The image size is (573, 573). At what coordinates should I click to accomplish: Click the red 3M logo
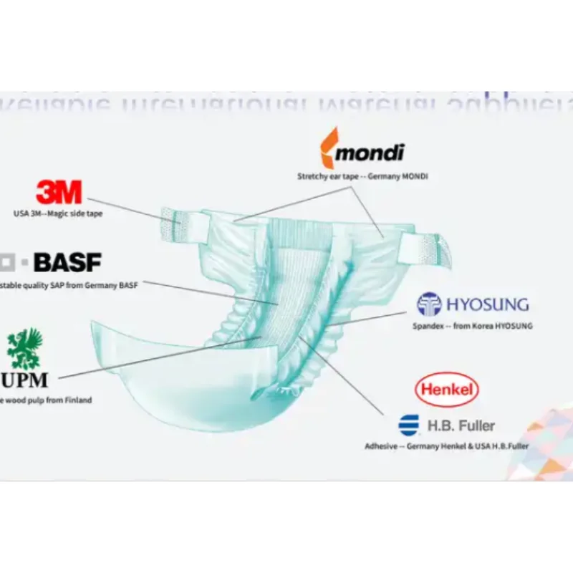[59, 192]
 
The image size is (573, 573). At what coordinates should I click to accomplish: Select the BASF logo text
[68, 262]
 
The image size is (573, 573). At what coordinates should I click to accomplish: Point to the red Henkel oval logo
[447, 390]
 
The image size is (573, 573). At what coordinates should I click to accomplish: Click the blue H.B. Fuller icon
[409, 425]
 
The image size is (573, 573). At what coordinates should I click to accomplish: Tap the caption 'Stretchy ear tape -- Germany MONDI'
[362, 175]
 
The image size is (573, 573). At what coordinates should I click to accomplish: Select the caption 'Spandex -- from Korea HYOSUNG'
[472, 326]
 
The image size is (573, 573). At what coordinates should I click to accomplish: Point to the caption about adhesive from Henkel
[447, 446]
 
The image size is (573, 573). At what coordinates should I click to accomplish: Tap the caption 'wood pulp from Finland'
[46, 400]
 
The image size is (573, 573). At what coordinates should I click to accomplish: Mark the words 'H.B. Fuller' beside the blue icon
[461, 426]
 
